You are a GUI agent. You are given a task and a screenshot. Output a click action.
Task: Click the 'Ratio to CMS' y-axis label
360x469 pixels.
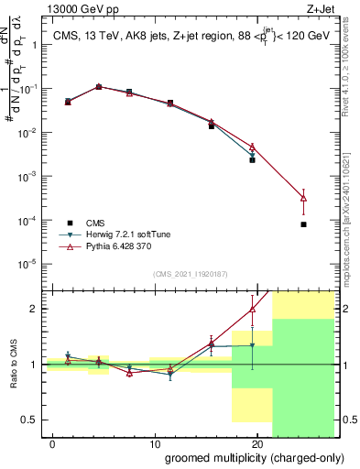tap(15, 365)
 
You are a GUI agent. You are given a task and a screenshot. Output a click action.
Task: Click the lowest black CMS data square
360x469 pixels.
tap(303, 224)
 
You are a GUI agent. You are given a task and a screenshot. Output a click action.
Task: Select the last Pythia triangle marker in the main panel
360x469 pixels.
tap(303, 198)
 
